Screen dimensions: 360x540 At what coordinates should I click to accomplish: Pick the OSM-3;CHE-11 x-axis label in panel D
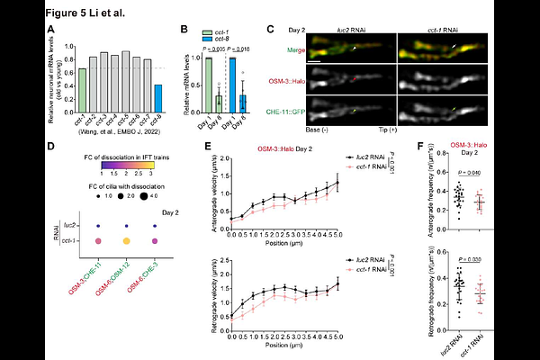tap(83, 275)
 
